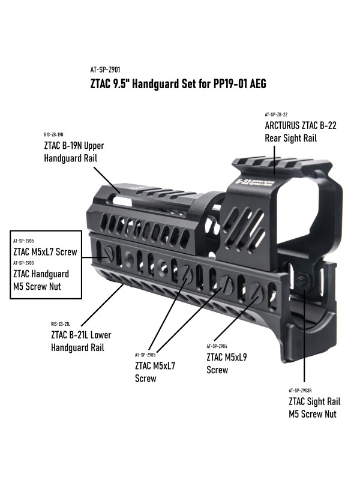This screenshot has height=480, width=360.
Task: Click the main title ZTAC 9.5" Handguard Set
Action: (178, 85)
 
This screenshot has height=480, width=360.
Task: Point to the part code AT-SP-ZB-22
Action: (277, 114)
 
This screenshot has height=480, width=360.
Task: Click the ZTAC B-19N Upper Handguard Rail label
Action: (70, 152)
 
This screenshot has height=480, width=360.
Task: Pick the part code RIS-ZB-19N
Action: (54, 134)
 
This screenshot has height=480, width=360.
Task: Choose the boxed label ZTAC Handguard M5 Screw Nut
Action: (41, 279)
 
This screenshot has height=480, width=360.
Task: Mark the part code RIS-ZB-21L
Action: (61, 323)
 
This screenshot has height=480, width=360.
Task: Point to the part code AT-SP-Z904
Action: (217, 347)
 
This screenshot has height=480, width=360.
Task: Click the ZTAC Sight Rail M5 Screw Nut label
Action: (313, 407)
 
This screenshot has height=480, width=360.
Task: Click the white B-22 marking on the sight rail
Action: (243, 181)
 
